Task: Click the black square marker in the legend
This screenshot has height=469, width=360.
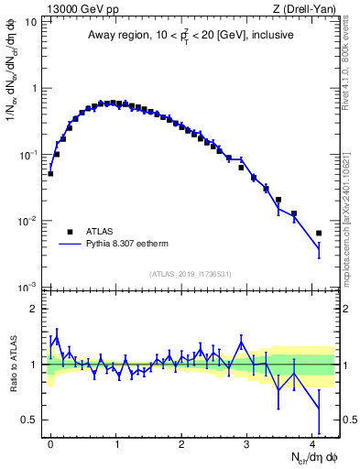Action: point(67,232)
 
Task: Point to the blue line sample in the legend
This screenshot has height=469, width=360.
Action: point(67,245)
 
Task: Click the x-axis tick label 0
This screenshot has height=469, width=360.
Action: point(50,442)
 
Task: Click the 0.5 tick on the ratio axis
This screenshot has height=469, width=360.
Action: point(31,420)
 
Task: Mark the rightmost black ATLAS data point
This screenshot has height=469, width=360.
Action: point(319,233)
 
